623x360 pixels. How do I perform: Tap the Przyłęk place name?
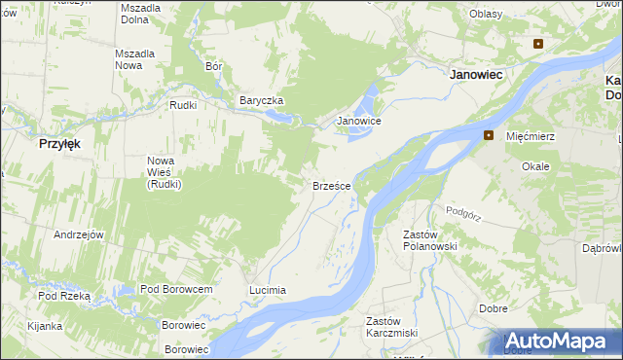(x=59, y=142)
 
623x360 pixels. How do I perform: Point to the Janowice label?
(x=358, y=122)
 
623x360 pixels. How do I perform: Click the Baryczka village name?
(x=261, y=100)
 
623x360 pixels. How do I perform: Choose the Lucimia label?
(x=267, y=290)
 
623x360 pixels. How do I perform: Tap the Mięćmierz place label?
(x=531, y=136)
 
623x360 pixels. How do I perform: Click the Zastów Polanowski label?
(x=430, y=240)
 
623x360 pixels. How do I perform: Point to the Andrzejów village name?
(x=79, y=234)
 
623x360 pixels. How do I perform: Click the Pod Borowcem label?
(x=176, y=290)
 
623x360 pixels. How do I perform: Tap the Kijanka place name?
(x=45, y=326)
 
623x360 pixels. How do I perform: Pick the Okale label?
(x=535, y=166)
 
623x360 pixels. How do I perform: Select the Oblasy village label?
(x=486, y=14)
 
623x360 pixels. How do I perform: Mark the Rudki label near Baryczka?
(x=183, y=105)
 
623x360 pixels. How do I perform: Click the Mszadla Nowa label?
(x=135, y=59)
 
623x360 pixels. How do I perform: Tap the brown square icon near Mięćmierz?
(x=489, y=135)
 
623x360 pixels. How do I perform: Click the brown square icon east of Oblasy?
(x=537, y=43)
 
